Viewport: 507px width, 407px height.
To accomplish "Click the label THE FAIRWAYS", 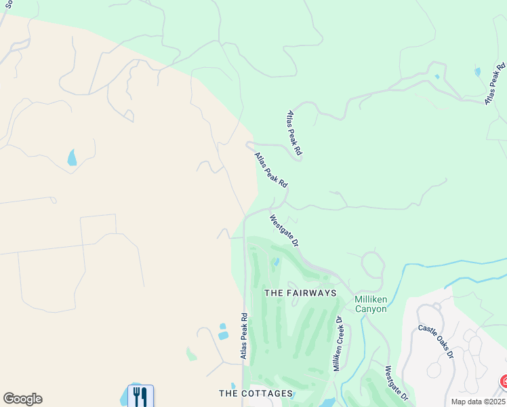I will [300, 293].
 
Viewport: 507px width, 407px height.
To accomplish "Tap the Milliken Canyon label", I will [371, 304].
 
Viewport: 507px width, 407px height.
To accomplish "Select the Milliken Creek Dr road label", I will [337, 343].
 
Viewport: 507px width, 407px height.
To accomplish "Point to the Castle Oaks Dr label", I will [435, 341].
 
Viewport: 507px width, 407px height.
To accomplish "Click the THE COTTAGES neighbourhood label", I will [256, 393].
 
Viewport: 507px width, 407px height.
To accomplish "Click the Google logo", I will [22, 399].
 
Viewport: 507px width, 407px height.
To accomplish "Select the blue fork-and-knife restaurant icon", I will [140, 395].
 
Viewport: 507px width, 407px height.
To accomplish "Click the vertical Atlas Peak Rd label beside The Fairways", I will [243, 336].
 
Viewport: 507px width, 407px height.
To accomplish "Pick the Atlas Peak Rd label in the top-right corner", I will [495, 83].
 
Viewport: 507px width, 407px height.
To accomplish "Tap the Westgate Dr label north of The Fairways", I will [284, 231].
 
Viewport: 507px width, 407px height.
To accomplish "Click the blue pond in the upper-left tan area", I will [72, 158].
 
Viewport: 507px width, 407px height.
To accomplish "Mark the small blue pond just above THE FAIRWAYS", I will [276, 262].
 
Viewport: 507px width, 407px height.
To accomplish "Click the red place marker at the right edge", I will [504, 382].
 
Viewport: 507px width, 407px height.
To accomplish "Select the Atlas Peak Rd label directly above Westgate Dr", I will [271, 170].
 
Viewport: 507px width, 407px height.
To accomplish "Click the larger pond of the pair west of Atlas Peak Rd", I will [223, 335].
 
